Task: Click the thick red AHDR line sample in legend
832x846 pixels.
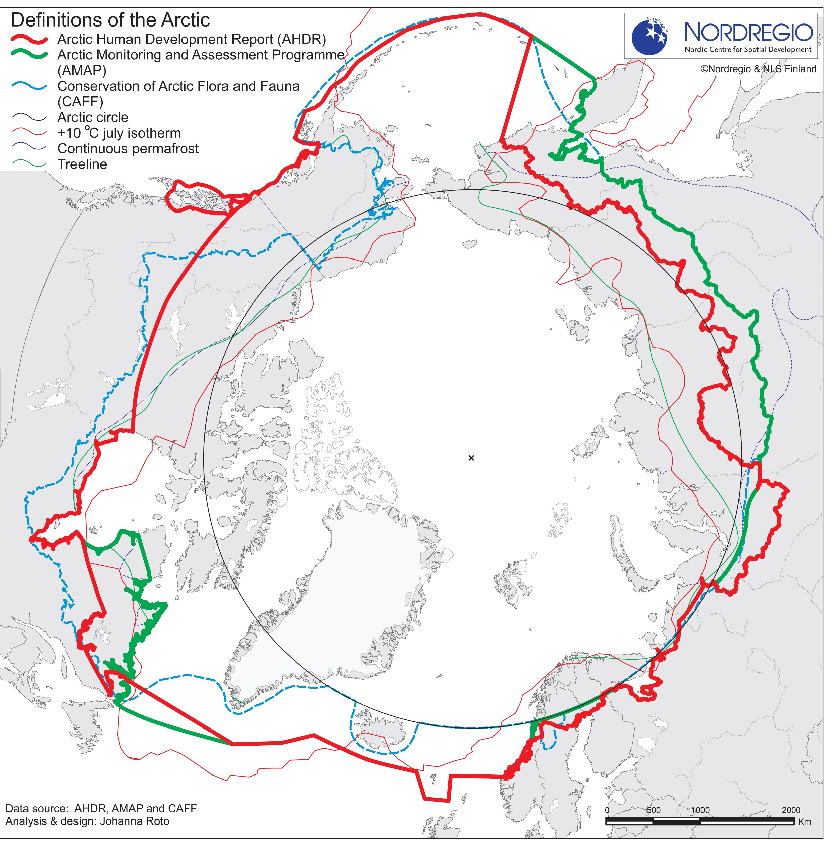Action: pyautogui.click(x=29, y=40)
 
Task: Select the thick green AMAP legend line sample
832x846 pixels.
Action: pyautogui.click(x=29, y=55)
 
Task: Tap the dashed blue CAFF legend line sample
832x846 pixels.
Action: pyautogui.click(x=29, y=87)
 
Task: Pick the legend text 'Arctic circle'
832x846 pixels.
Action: pyautogui.click(x=93, y=117)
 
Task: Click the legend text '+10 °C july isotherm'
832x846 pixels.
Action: pyautogui.click(x=119, y=133)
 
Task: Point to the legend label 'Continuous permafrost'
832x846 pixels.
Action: pyautogui.click(x=127, y=149)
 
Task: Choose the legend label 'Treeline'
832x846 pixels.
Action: pyautogui.click(x=82, y=164)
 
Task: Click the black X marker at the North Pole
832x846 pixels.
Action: pyautogui.click(x=471, y=458)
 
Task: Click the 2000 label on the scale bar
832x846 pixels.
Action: pyautogui.click(x=791, y=810)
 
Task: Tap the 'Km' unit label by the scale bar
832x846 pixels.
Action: pyautogui.click(x=804, y=821)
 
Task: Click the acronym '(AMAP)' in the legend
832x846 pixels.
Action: pyautogui.click(x=82, y=70)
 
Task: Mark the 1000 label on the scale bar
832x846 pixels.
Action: pyautogui.click(x=700, y=810)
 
